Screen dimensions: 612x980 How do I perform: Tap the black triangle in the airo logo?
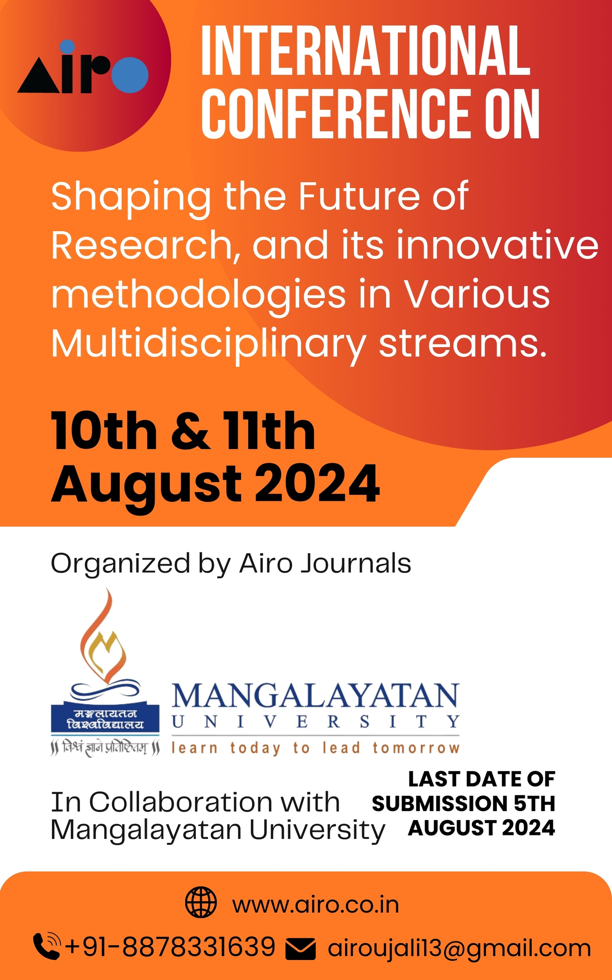pyautogui.click(x=38, y=76)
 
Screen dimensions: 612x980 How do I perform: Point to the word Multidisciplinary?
pyautogui.click(x=209, y=345)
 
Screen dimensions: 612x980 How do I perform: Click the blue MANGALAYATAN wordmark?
pyautogui.click(x=316, y=697)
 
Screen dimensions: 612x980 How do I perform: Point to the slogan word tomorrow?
pyautogui.click(x=416, y=748)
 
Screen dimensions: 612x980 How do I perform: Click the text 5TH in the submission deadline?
pyautogui.click(x=534, y=804)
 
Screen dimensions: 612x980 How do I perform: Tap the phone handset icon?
pyautogui.click(x=47, y=946)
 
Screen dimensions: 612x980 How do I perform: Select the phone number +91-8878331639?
pyautogui.click(x=170, y=946)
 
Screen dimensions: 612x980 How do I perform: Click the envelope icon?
pyautogui.click(x=301, y=949)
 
